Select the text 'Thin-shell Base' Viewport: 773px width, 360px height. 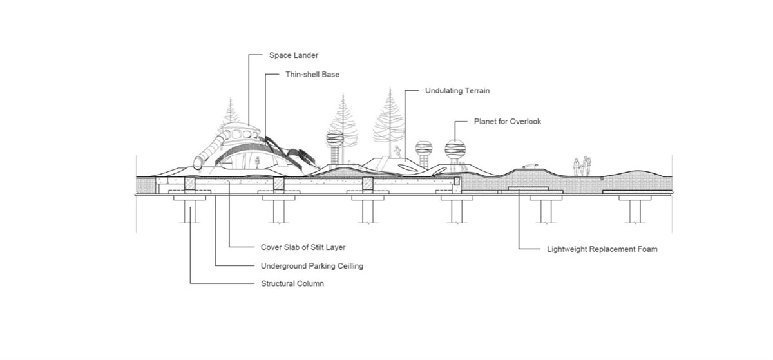[x=312, y=75]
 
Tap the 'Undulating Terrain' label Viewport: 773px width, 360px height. [x=457, y=91]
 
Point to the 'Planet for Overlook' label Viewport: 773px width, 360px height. [x=507, y=121]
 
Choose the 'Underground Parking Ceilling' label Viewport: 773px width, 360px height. [x=312, y=266]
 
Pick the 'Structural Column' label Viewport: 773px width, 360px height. [x=292, y=284]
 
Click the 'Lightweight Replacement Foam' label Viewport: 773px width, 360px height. [x=602, y=249]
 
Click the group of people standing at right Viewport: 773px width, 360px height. [x=582, y=167]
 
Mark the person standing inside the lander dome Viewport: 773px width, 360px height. [x=258, y=162]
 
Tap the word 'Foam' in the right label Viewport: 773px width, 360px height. [x=647, y=249]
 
